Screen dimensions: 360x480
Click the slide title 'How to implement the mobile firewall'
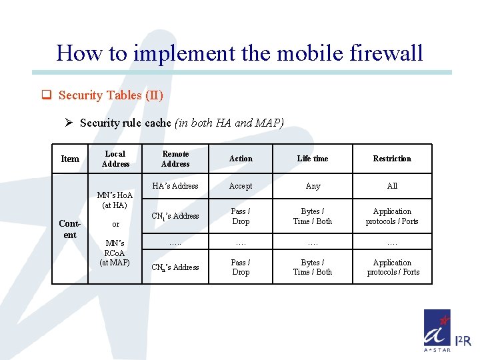[240, 52]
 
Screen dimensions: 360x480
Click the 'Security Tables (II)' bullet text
[111, 95]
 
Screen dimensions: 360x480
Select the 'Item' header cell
[70, 159]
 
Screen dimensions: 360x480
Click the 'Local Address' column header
[115, 159]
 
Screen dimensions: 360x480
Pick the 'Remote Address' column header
[175, 159]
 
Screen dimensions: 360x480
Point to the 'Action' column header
[241, 159]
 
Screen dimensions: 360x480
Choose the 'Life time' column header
[313, 159]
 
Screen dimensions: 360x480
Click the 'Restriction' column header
[392, 159]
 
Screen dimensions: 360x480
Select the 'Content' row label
[70, 229]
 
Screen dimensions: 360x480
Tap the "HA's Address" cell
[175, 186]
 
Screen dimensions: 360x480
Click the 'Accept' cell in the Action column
[241, 186]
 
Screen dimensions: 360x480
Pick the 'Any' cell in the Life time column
[313, 186]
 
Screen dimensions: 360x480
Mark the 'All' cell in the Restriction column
[392, 186]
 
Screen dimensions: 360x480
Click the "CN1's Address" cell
[175, 216]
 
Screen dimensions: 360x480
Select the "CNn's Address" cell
[175, 267]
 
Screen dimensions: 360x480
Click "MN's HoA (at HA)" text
[115, 200]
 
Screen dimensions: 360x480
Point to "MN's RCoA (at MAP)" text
[115, 253]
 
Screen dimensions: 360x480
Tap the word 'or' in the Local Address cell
[115, 224]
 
